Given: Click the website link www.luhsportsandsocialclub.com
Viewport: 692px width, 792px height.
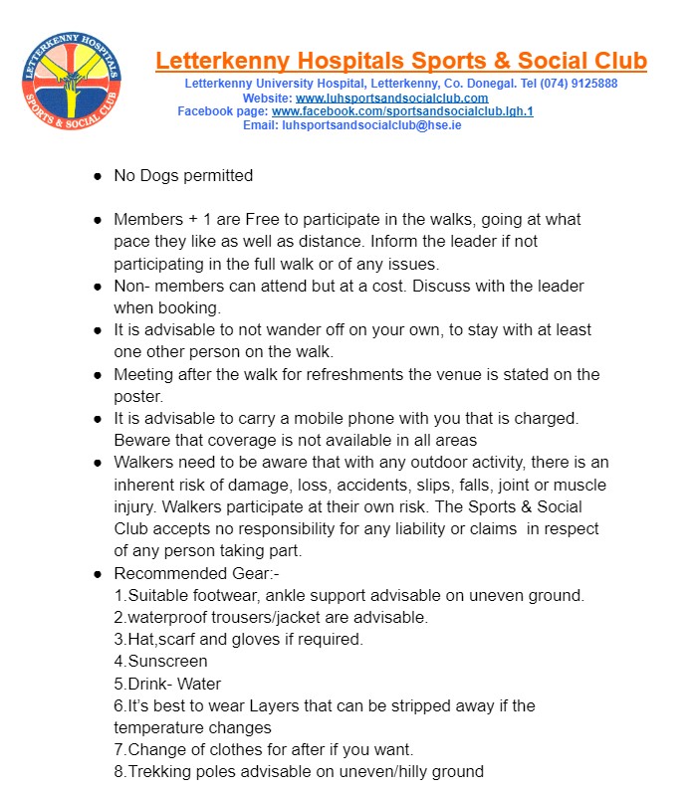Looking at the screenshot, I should click(x=391, y=98).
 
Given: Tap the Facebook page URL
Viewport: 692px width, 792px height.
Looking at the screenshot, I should click(x=402, y=111).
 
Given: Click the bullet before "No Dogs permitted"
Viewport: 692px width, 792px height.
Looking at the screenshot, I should click(x=98, y=176).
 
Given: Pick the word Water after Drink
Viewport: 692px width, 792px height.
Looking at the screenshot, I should click(x=199, y=684).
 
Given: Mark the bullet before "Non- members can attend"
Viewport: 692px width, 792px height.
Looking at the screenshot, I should click(x=98, y=287).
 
